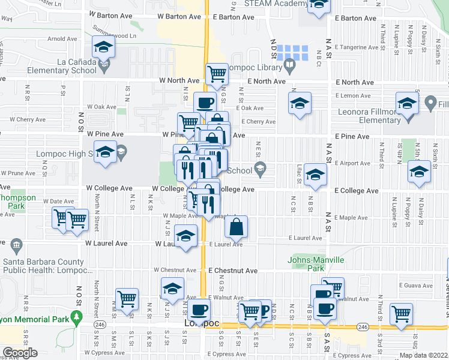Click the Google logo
click(20, 353)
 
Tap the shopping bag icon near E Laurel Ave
click(237, 227)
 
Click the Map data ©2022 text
click(423, 355)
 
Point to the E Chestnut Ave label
click(234, 271)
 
